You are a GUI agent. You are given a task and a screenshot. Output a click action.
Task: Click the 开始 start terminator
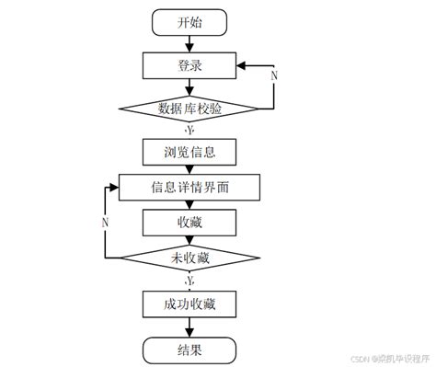pyautogui.click(x=189, y=23)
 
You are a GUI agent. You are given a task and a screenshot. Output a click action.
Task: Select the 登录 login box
pyautogui.click(x=189, y=65)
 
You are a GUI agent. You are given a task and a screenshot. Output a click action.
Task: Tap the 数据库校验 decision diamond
pyautogui.click(x=189, y=109)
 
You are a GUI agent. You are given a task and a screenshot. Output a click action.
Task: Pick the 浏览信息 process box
pyautogui.click(x=189, y=150)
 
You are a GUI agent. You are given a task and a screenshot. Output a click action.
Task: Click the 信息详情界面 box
pyautogui.click(x=190, y=187)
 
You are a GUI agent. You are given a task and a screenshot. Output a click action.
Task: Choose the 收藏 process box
pyautogui.click(x=189, y=223)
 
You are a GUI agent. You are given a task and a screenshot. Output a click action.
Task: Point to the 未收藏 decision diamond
pyautogui.click(x=189, y=258)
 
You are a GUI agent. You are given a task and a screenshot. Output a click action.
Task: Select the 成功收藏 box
pyautogui.click(x=189, y=303)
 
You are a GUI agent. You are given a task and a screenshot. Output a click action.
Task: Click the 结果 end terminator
pyautogui.click(x=189, y=349)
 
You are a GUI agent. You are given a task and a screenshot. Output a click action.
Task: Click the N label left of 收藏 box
pyautogui.click(x=106, y=223)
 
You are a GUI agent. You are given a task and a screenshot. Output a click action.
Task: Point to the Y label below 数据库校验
pyautogui.click(x=189, y=130)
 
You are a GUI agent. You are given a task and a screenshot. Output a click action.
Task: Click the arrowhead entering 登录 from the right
pyautogui.click(x=239, y=66)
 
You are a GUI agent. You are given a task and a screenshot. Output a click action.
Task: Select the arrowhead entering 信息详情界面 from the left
pyautogui.click(x=115, y=187)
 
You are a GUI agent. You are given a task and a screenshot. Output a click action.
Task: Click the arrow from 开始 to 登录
pyautogui.click(x=189, y=43)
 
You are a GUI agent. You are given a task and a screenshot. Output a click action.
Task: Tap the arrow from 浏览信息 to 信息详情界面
pyautogui.click(x=189, y=168)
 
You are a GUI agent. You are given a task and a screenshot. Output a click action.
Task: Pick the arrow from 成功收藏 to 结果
pyautogui.click(x=189, y=326)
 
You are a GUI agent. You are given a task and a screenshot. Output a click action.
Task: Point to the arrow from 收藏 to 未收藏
pyautogui.click(x=189, y=240)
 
